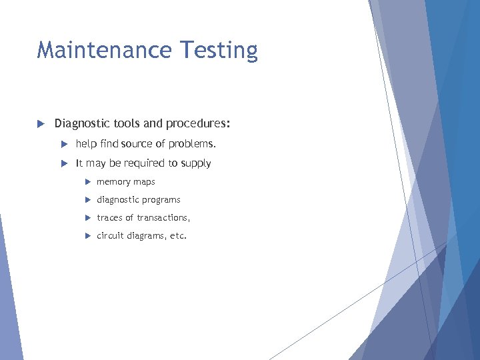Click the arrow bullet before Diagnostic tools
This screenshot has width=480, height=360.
pos(40,124)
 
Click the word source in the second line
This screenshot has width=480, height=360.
pos(136,144)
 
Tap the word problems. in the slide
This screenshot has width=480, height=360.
pos(193,144)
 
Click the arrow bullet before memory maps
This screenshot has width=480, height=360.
pos(87,182)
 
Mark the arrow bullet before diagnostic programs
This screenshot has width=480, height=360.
pos(87,200)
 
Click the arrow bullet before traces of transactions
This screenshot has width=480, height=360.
pos(87,218)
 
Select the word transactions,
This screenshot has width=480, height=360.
pos(164,218)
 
